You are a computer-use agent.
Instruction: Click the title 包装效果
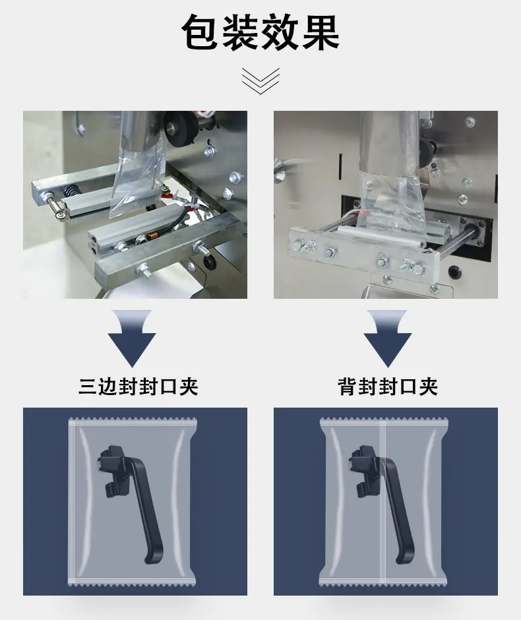point(260,32)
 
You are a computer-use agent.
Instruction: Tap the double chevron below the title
point(260,81)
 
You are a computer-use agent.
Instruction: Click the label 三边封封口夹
point(138,387)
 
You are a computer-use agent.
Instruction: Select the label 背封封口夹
point(388,387)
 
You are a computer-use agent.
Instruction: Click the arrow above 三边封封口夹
point(132,338)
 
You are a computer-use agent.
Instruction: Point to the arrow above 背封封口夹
point(388,338)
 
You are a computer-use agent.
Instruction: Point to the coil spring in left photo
point(72,191)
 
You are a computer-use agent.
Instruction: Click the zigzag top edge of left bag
point(133,419)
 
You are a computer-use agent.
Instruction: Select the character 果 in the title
point(321,32)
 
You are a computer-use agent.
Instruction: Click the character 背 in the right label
point(348,387)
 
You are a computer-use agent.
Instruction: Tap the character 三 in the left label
point(88,387)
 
